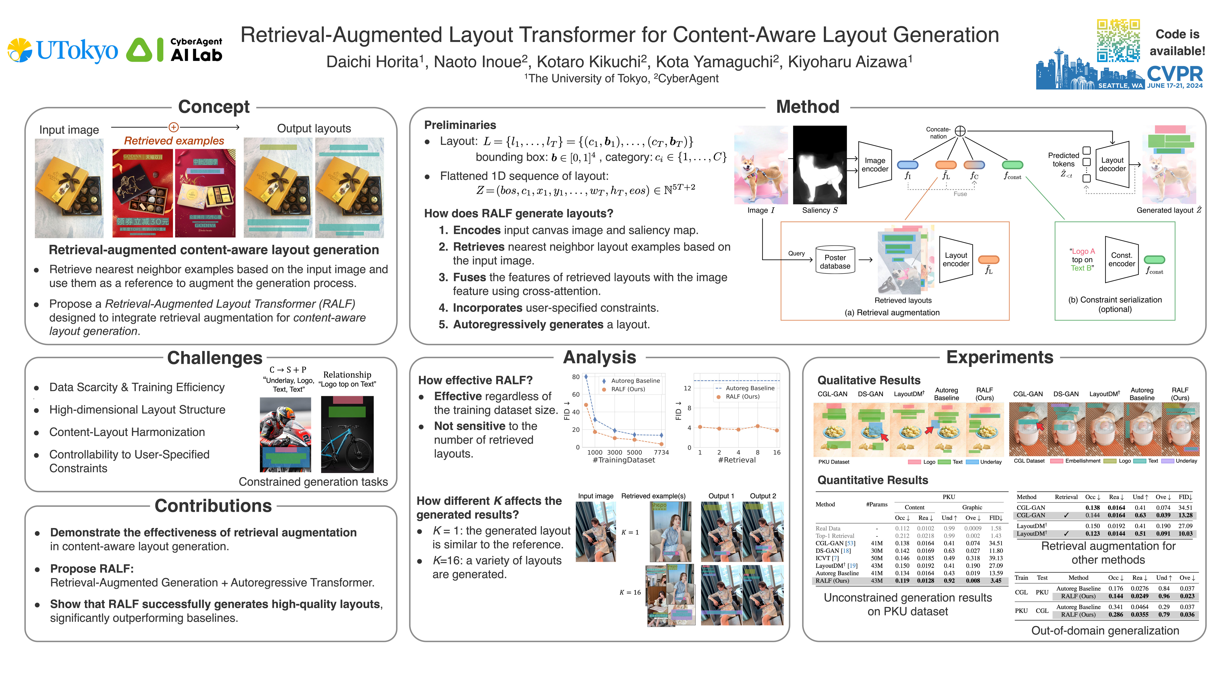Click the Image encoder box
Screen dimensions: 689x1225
[x=874, y=165]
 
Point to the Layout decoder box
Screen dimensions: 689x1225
[x=1112, y=165]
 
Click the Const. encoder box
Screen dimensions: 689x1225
[x=1121, y=260]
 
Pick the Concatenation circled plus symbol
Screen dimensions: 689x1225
[x=960, y=131]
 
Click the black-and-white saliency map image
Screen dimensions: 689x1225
[x=820, y=165]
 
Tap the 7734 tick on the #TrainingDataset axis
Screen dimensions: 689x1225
[x=661, y=452]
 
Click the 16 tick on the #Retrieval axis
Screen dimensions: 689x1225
[x=777, y=452]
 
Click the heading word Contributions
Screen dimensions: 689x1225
[x=213, y=506]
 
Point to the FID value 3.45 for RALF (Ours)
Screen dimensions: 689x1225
[x=996, y=581]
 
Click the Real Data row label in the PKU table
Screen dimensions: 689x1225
[x=828, y=528]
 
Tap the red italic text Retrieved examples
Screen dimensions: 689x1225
[x=174, y=141]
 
